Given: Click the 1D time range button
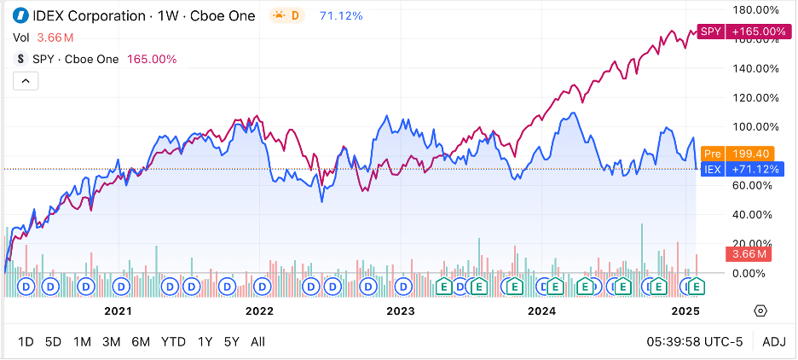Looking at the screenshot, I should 26,342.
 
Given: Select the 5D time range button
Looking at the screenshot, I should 53,342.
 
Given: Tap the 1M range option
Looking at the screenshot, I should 82,342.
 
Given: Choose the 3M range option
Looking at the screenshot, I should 111,342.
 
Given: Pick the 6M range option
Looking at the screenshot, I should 141,342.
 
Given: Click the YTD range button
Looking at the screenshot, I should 173,342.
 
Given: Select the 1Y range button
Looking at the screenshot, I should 205,342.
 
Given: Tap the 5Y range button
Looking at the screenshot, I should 231,342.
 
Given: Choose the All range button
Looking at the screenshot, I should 257,342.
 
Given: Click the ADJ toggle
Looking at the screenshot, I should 774,342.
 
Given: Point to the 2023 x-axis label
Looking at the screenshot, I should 401,311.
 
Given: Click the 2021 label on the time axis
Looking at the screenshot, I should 118,311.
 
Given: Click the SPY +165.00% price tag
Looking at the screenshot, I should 743,32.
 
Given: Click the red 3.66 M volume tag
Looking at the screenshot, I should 748,253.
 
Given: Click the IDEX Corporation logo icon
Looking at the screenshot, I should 20,16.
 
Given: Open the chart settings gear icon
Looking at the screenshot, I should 761,311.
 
